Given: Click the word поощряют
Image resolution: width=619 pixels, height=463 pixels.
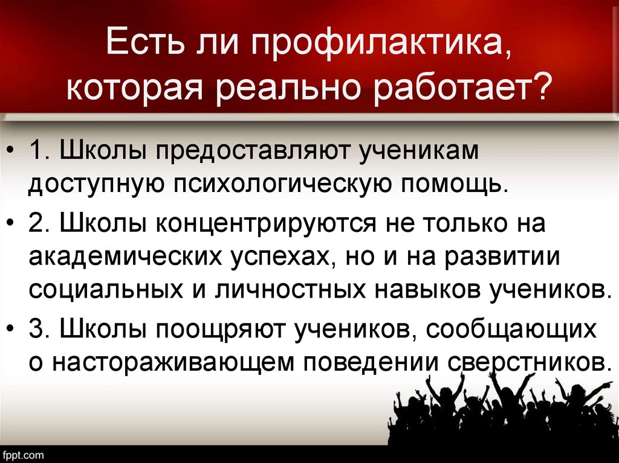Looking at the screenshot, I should [223, 329].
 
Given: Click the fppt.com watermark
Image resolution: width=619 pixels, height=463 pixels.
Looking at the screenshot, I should [23, 453].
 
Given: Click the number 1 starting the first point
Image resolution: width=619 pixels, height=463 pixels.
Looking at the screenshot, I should [37, 152].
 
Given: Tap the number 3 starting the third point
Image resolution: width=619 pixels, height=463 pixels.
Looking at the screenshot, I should [37, 329].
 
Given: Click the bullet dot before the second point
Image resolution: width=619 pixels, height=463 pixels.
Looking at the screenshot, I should [13, 225].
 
